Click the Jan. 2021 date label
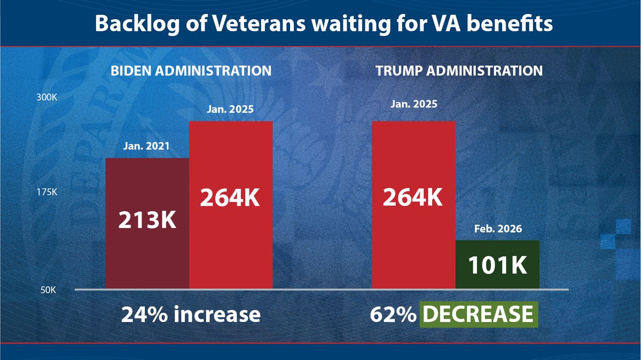click(147, 146)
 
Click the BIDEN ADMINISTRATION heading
click(191, 71)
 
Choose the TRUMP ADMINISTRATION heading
click(457, 71)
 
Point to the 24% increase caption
click(191, 314)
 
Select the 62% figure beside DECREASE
click(393, 314)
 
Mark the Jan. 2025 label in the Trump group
click(413, 104)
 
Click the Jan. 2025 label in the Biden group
click(231, 109)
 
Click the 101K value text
click(497, 265)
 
